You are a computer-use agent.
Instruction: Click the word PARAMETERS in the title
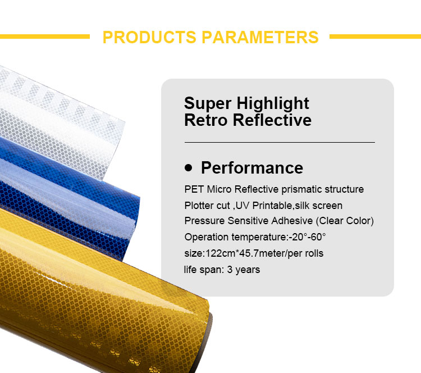click(x=260, y=37)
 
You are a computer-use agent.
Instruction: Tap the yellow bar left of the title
click(x=45, y=37)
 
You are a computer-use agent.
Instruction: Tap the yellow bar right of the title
click(x=375, y=37)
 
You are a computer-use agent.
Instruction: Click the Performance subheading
click(x=251, y=167)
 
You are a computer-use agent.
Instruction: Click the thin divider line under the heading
click(x=279, y=142)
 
